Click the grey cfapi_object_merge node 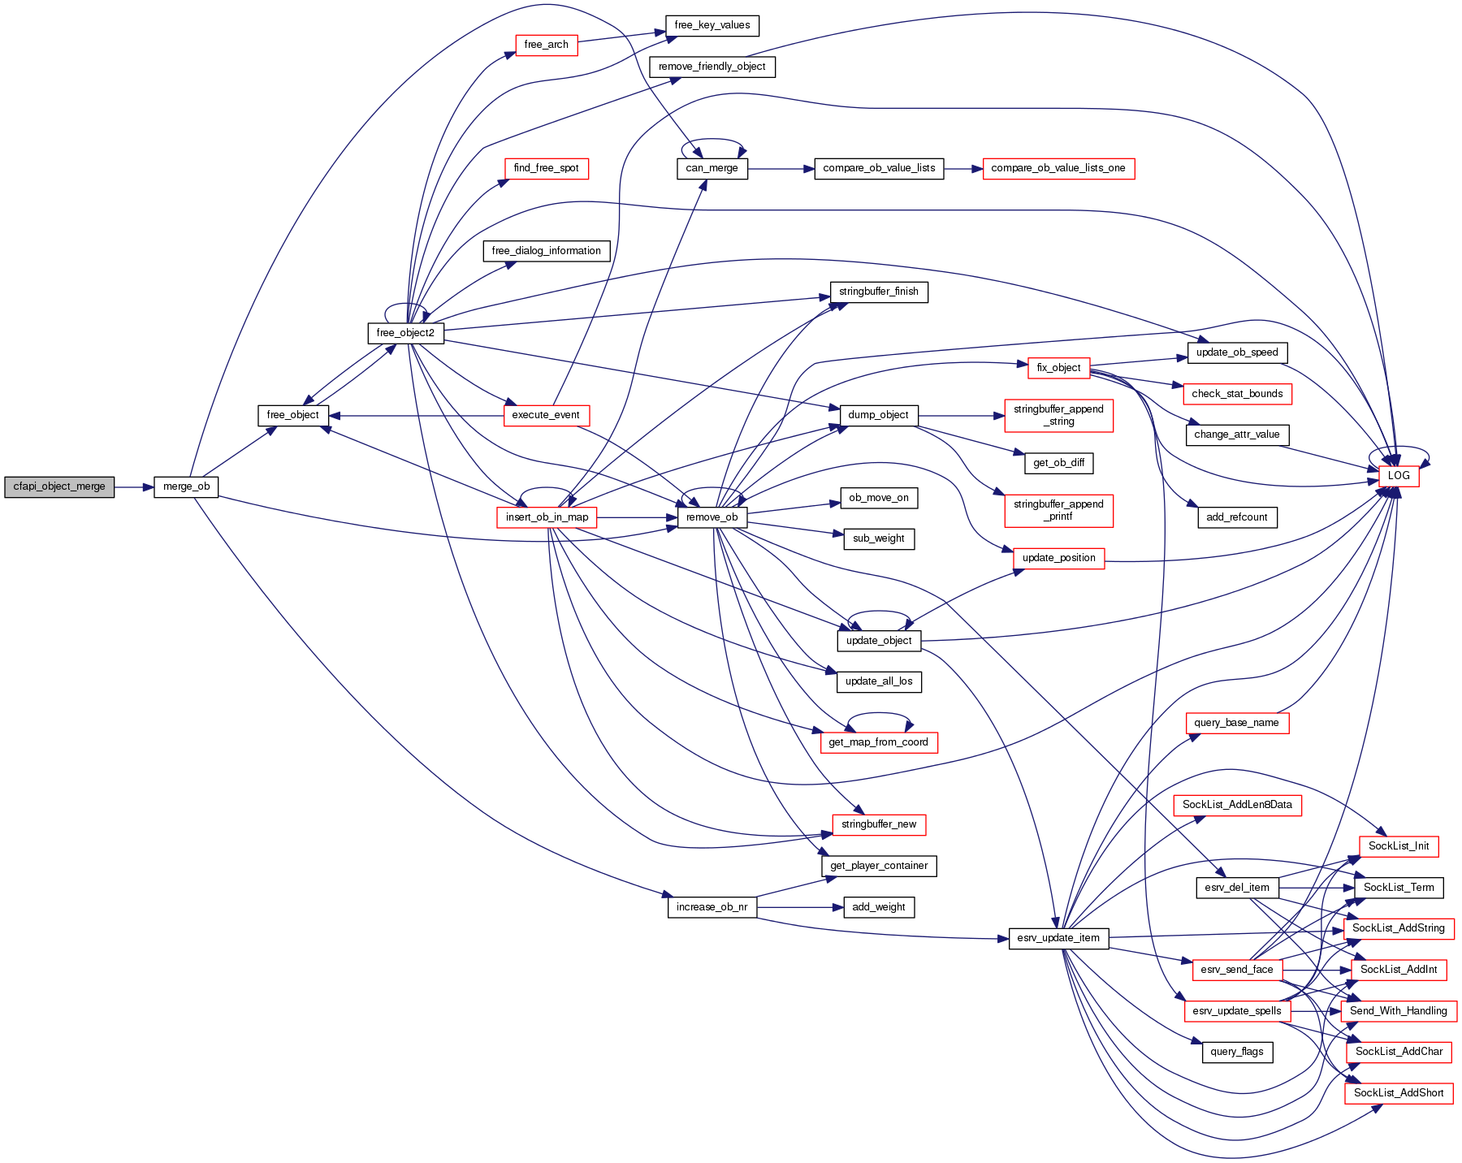pos(59,487)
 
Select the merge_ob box pos(186,487)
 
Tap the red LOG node pos(1398,476)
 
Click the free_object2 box pos(405,333)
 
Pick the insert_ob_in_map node pos(547,517)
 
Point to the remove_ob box pos(712,517)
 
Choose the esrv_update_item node pos(1058,938)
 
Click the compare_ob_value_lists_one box pos(1058,169)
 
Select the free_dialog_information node pos(546,251)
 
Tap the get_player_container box pos(879,866)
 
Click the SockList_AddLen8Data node pos(1236,805)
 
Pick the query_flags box pos(1236,1052)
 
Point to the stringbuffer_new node pos(878,824)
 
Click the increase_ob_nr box pos(712,907)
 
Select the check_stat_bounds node pos(1236,394)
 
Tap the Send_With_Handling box pos(1398,1011)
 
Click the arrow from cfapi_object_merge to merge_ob pos(134,487)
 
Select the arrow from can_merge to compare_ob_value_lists pos(781,169)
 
